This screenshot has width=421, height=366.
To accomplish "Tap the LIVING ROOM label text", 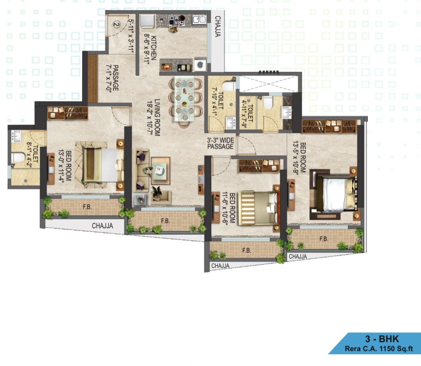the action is coord(157,117).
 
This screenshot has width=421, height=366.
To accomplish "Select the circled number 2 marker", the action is coord(116,25).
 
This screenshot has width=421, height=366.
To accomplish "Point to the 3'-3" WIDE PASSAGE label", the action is coord(220,144).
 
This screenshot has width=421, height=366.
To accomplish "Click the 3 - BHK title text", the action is coord(382,339).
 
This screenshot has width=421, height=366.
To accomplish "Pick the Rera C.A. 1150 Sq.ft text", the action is coord(379,349).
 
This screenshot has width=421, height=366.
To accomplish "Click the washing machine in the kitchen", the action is coord(200,64).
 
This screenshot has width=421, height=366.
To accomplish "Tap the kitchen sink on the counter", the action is coord(199,19).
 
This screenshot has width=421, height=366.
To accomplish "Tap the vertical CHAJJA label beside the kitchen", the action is coord(218,26).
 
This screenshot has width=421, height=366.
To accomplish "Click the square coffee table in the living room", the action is coord(161,171).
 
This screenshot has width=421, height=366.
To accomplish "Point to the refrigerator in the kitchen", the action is coord(147,21).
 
